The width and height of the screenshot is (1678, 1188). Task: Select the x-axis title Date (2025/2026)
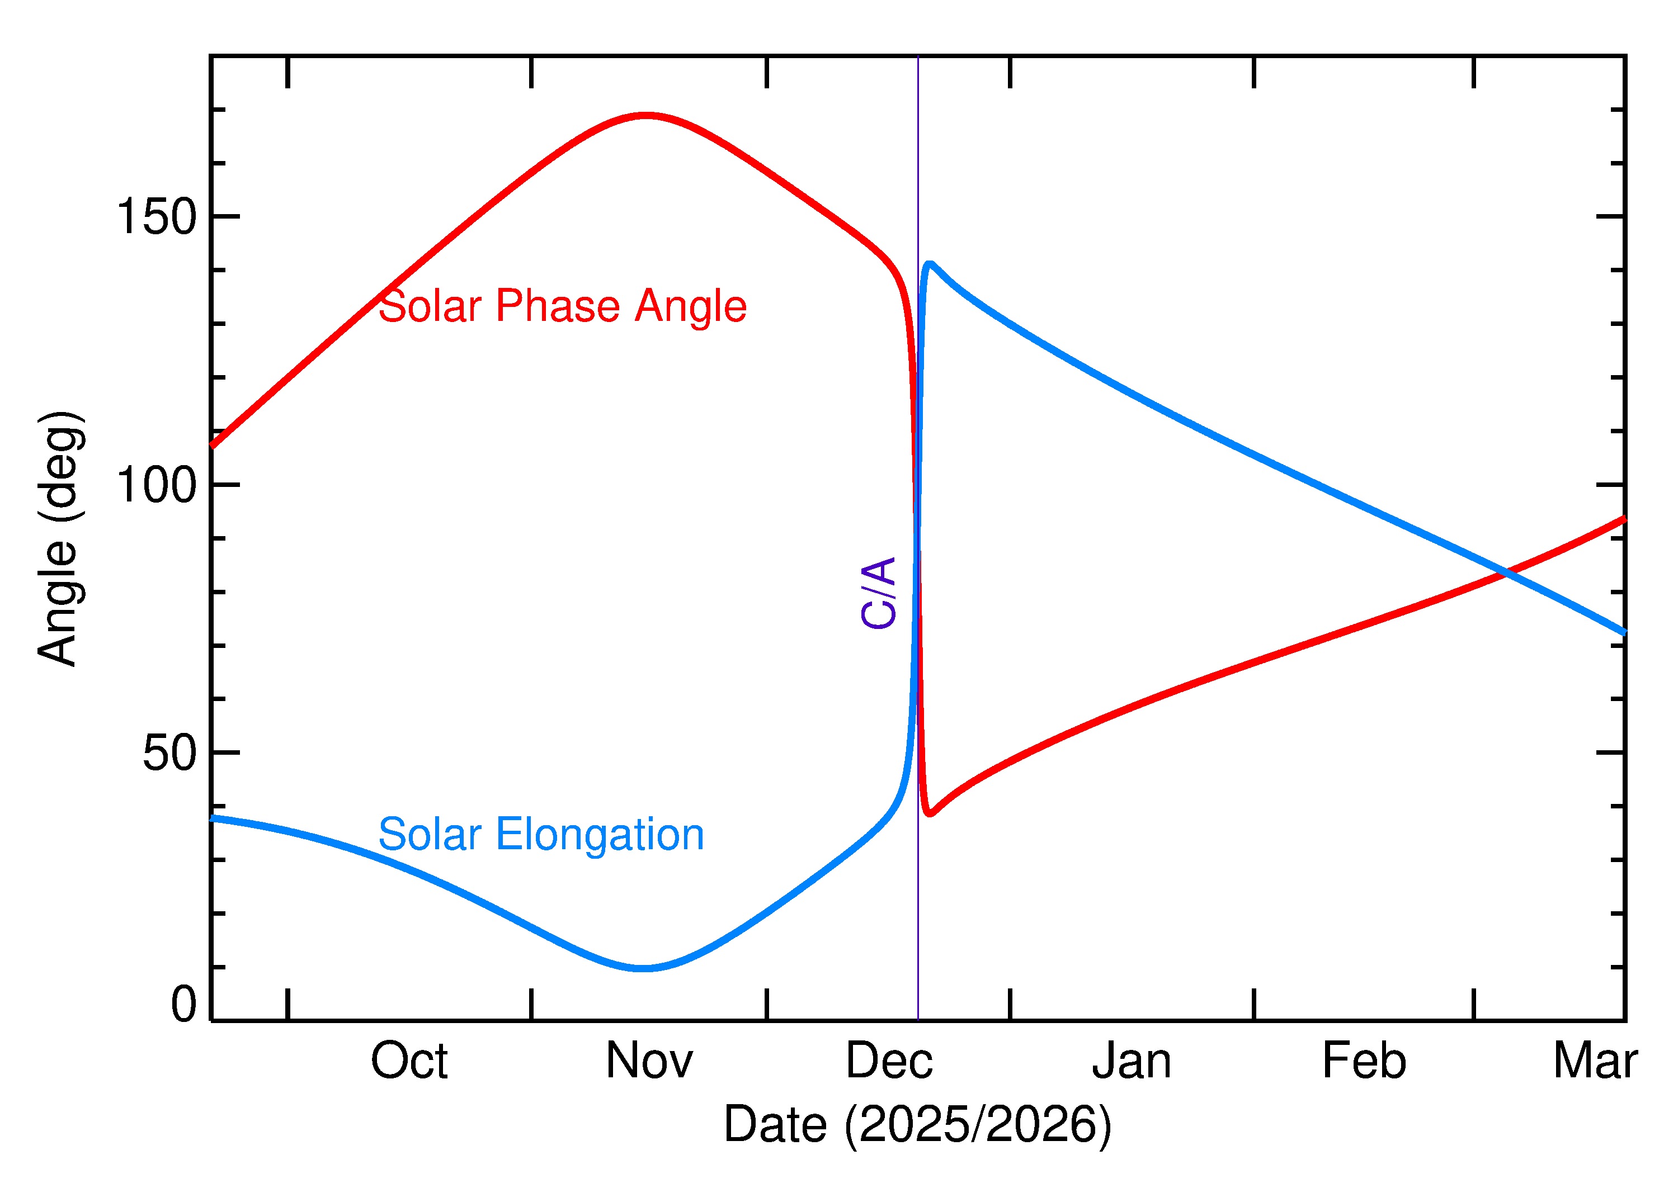(x=917, y=1124)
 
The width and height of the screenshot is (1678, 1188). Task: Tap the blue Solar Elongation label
(x=541, y=835)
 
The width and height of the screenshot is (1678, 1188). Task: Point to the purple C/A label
(x=879, y=593)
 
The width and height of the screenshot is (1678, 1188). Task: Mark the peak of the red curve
(x=645, y=116)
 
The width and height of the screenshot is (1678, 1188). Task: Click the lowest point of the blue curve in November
(x=643, y=968)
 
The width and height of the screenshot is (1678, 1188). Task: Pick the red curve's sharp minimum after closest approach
(x=928, y=813)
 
